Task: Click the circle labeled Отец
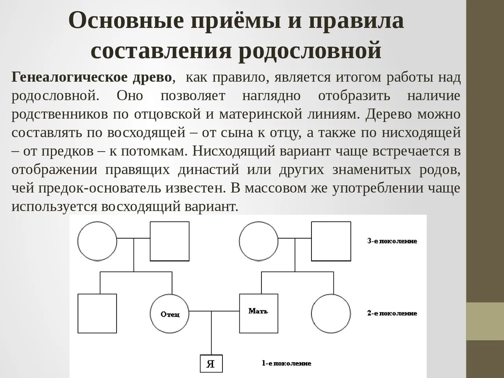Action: point(170,313)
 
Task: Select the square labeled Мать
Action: point(258,313)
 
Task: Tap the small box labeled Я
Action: point(211,363)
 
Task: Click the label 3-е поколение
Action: point(392,241)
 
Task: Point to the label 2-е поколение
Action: point(392,313)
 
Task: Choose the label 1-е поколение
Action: point(286,363)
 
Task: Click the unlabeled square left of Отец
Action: point(97,313)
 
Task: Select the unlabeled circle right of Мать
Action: point(331,313)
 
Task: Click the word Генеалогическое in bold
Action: point(70,77)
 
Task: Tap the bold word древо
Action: point(152,77)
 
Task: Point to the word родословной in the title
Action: point(310,50)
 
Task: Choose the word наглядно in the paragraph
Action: point(271,96)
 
